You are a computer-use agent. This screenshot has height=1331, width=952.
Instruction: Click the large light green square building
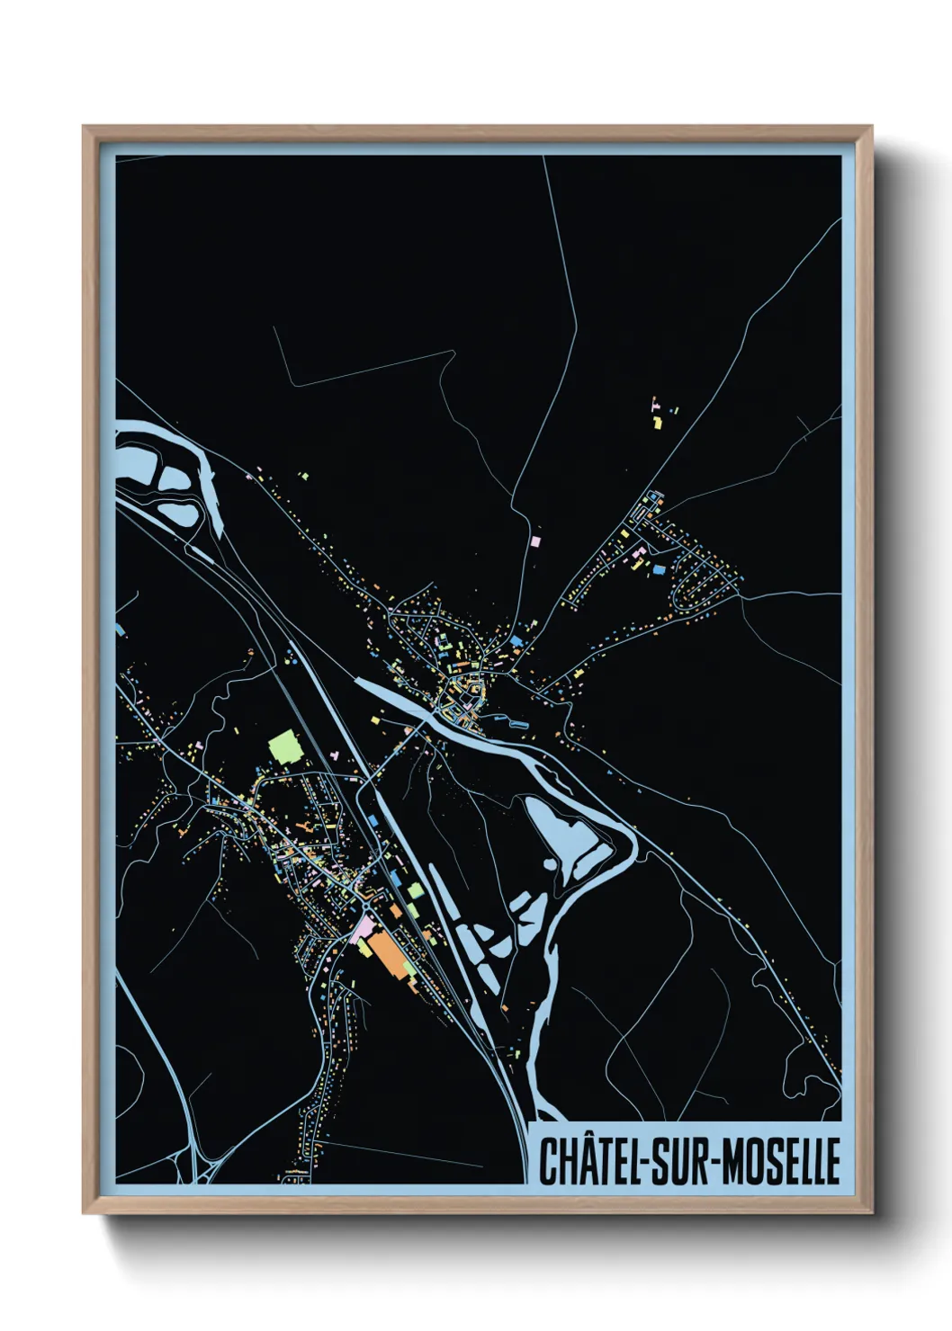[284, 746]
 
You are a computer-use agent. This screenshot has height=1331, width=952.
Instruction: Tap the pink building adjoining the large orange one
[364, 926]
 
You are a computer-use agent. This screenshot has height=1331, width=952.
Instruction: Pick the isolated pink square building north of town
[536, 541]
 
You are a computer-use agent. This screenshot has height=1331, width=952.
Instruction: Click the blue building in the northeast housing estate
[658, 569]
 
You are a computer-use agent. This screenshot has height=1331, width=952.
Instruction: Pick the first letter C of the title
[548, 1161]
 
